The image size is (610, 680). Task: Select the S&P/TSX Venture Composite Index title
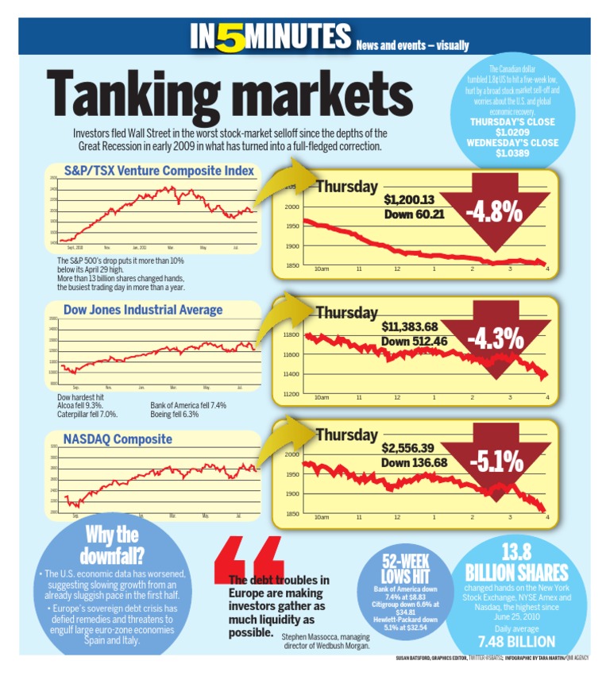(x=159, y=171)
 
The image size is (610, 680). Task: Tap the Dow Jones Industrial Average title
(x=142, y=310)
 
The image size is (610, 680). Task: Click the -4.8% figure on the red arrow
(x=493, y=212)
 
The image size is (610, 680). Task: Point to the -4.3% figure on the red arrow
(x=495, y=339)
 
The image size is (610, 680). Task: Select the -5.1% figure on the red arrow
(x=495, y=461)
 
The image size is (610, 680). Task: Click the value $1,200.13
(x=410, y=200)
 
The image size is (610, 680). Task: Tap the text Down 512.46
(x=414, y=342)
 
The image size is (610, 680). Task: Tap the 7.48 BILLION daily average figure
(x=515, y=640)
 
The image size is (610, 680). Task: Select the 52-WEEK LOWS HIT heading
(x=406, y=568)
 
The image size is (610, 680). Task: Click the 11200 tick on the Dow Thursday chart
(x=291, y=394)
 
